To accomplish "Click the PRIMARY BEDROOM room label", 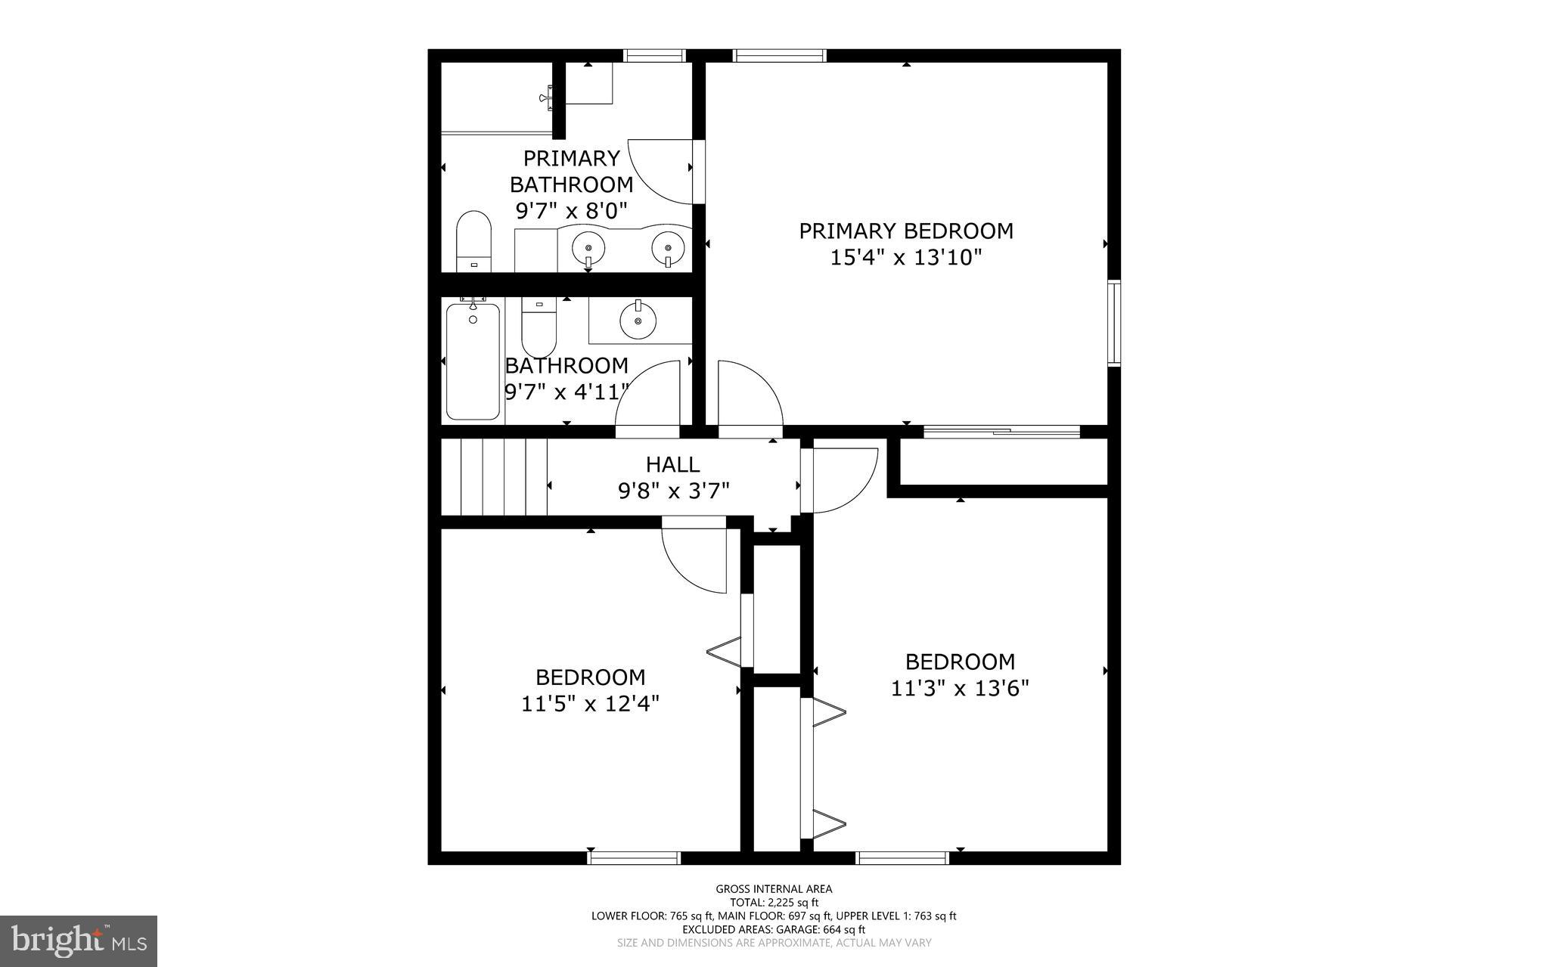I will (906, 231).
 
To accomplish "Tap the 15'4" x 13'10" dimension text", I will (906, 258).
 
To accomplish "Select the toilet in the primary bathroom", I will (474, 242).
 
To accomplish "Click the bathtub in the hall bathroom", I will (473, 361).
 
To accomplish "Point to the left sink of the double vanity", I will (588, 247).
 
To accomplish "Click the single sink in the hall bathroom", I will (638, 321).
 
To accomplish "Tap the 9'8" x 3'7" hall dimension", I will (674, 491).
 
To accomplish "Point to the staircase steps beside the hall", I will (494, 479).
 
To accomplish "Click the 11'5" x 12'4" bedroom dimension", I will (590, 704).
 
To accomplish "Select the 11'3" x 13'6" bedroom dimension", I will (960, 689).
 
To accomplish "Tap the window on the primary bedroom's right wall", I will (1114, 324).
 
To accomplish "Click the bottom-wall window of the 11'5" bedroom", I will (634, 857).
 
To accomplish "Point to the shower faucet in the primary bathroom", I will (548, 97).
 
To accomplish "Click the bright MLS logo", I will (79, 941).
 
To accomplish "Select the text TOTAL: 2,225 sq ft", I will (774, 902).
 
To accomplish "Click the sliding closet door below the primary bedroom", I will (1002, 432).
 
